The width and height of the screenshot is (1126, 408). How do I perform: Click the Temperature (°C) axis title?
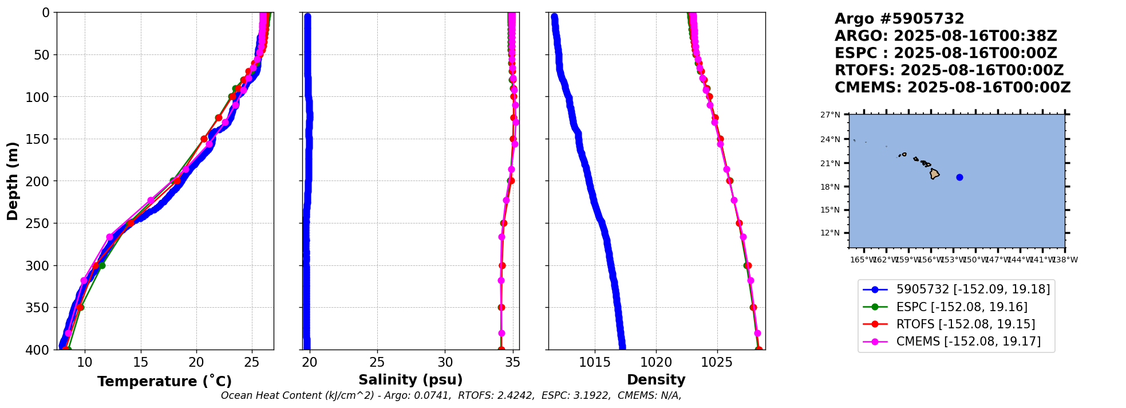(x=164, y=382)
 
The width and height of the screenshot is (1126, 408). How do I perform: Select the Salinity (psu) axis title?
(x=410, y=380)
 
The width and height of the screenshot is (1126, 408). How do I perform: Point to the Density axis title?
(x=656, y=380)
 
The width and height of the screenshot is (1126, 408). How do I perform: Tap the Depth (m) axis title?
(x=13, y=181)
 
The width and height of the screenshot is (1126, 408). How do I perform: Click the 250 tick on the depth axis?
(x=41, y=223)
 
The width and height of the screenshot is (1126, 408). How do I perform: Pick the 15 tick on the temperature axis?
(x=141, y=362)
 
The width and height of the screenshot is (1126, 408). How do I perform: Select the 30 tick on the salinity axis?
(x=445, y=362)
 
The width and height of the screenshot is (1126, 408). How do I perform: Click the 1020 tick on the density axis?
(x=656, y=362)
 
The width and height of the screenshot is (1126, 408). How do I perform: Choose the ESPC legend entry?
(x=961, y=307)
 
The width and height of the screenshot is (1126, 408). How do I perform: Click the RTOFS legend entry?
(x=965, y=324)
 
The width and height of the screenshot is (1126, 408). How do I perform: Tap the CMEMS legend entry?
(x=968, y=342)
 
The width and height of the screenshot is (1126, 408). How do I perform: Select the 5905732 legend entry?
(x=973, y=290)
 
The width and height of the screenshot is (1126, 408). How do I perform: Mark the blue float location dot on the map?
(x=959, y=177)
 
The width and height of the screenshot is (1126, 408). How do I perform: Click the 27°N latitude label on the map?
(x=830, y=115)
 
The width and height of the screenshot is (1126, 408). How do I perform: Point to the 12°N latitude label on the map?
(x=830, y=233)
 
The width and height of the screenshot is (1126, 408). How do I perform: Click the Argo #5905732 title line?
(x=899, y=19)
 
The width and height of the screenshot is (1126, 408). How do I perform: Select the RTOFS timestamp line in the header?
(x=949, y=70)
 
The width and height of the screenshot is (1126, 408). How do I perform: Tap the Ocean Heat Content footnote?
(x=451, y=395)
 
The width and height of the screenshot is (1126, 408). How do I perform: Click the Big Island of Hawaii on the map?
(x=934, y=174)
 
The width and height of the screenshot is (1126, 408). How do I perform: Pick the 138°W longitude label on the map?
(x=1065, y=260)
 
